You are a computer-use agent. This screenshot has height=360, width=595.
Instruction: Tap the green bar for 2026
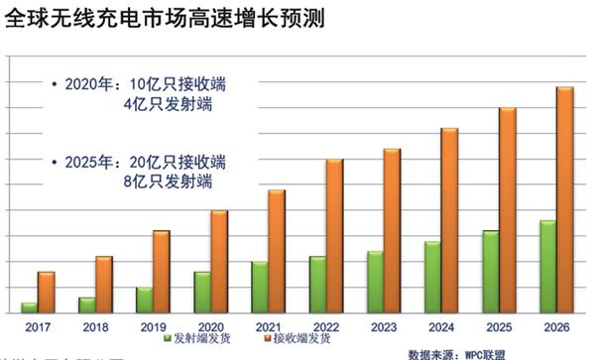(x=546, y=267)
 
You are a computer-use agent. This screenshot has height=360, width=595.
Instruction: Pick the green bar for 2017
(x=30, y=307)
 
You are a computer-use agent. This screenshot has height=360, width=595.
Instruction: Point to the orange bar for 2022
(x=334, y=236)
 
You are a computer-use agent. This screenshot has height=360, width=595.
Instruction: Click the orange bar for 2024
(x=449, y=221)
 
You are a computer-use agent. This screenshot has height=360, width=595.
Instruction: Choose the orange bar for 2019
(x=162, y=272)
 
